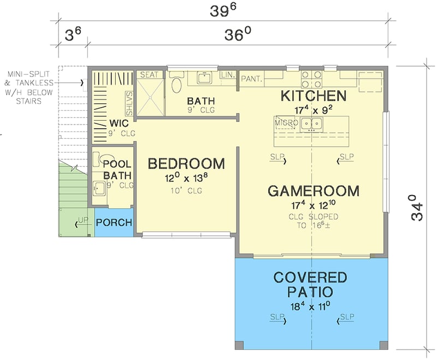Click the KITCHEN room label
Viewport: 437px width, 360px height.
[314, 96]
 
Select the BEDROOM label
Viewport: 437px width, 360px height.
[186, 163]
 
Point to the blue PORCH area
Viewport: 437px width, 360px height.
[114, 223]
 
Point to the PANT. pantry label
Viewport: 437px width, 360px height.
[252, 79]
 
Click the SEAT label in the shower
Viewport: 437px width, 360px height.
[149, 74]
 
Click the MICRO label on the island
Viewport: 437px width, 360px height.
[286, 123]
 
